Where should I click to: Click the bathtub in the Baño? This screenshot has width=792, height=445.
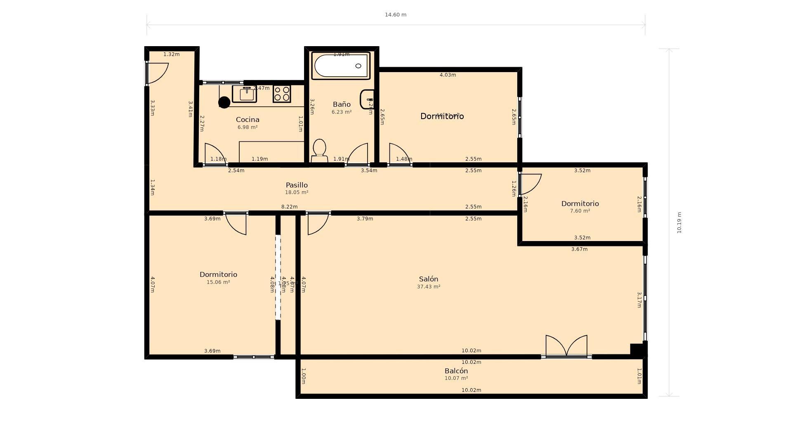(341, 66)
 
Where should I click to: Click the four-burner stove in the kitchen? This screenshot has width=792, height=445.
(282, 94)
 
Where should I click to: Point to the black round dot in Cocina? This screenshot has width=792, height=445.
(224, 102)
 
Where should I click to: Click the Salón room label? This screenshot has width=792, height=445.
(428, 279)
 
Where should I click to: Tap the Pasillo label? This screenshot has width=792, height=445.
(297, 185)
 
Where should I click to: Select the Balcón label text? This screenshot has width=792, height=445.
(456, 371)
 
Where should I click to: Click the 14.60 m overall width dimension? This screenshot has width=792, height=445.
(395, 15)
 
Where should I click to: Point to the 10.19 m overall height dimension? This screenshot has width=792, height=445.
(679, 222)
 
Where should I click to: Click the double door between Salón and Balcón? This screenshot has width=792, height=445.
(566, 346)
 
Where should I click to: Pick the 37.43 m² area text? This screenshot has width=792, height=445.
(428, 287)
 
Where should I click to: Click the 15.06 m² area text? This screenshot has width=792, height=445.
(218, 282)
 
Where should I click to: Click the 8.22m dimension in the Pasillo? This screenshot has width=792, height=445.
(289, 207)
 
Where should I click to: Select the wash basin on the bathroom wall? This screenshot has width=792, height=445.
(367, 99)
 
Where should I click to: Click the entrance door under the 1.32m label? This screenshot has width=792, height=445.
(157, 73)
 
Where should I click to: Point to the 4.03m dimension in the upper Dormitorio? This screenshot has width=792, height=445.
(448, 75)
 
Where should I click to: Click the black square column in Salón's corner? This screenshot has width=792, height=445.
(637, 350)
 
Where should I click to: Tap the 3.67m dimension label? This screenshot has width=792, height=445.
(579, 249)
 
